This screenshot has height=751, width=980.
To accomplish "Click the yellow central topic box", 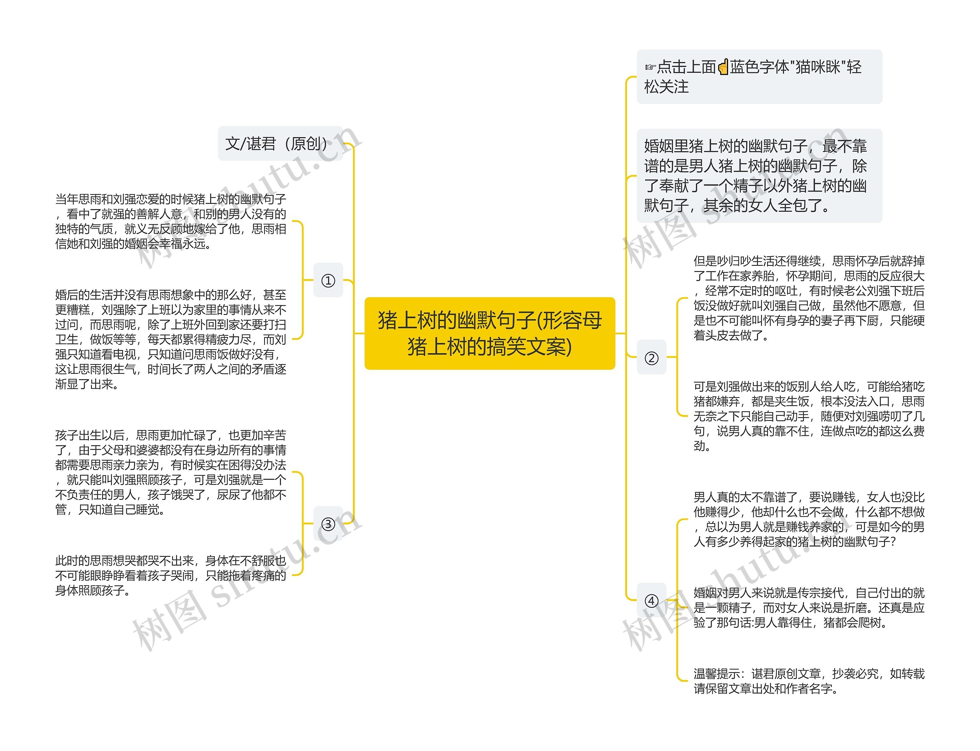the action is pos(489,333).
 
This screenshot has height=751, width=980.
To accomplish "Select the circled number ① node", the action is pos(328,280).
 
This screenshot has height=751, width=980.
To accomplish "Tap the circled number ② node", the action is pos(651,357).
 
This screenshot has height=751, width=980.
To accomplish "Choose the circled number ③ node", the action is pos(328,524).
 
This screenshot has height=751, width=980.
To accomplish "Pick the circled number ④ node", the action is pos(651,600).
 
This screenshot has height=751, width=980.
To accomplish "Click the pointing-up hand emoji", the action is pos(723,67).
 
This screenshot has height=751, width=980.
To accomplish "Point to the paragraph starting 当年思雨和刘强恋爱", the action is pos(170,221).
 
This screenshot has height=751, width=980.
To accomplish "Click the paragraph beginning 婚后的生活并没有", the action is pos(170,339).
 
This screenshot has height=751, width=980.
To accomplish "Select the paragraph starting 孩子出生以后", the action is pos(170,472).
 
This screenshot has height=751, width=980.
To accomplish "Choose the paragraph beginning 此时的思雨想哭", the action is pos(170,575).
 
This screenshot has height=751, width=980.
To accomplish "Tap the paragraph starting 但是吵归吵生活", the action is pos(808,298).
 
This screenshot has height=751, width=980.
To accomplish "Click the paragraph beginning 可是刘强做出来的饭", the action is pos(808,416).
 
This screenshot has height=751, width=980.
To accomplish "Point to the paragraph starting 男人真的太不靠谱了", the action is pos(808,519).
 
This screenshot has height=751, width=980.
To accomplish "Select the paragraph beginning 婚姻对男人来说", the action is pos(808,607).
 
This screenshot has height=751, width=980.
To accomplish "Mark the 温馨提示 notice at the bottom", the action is pos(808,681).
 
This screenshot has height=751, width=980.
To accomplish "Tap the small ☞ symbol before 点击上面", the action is pos(650,67).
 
